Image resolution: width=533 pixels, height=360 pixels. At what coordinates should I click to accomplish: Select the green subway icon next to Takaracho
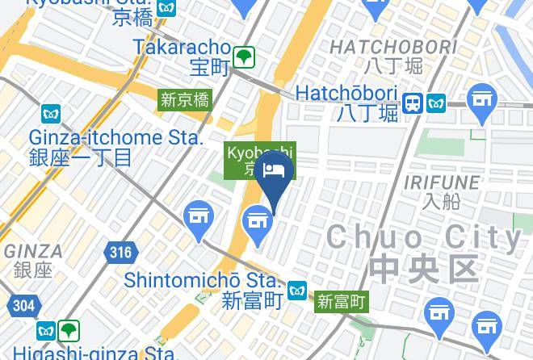(244, 57)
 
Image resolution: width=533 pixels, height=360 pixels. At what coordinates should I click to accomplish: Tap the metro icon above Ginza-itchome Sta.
(51, 114)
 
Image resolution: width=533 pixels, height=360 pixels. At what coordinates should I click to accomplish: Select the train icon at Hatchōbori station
(413, 103)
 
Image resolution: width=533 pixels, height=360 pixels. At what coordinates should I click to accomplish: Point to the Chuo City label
(424, 237)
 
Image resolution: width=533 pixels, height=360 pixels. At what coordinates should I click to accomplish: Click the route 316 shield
(119, 253)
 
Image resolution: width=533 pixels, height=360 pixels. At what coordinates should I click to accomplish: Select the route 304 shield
(23, 305)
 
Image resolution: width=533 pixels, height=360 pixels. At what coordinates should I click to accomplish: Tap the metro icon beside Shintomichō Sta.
(297, 289)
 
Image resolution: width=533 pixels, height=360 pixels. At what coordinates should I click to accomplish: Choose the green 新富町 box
(342, 302)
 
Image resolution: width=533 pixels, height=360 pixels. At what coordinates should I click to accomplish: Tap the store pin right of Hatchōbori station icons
(483, 102)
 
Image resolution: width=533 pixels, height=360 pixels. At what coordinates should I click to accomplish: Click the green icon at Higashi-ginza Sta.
(69, 330)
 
